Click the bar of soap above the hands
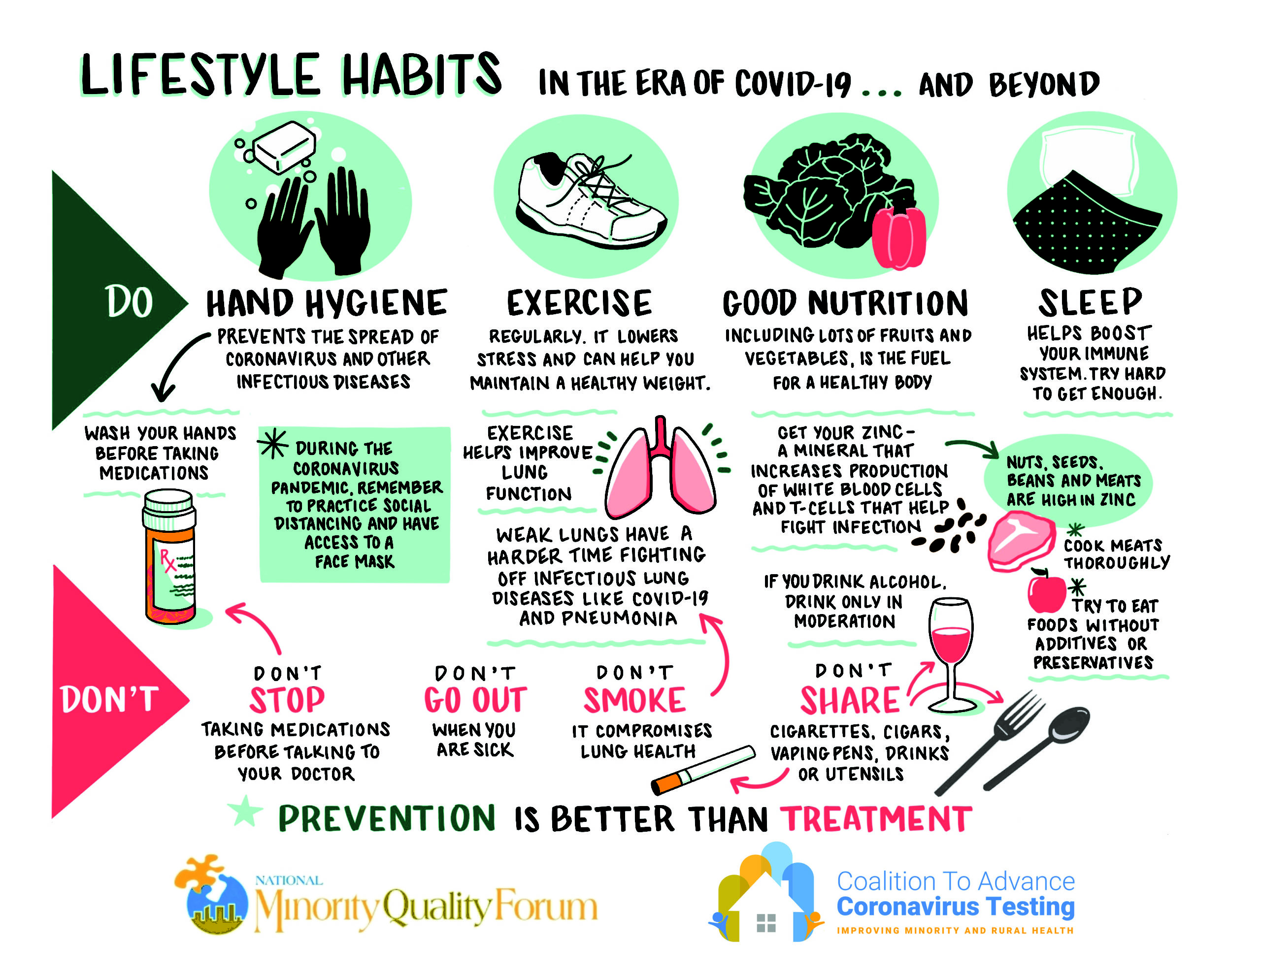pos(285,147)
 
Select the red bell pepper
pos(899,237)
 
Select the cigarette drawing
pos(703,770)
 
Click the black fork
pos(989,742)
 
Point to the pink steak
pos(1021,542)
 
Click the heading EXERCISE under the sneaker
pos(579,303)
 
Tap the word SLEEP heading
pos(1090,302)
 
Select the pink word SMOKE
pos(634,700)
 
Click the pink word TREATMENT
pos(876,819)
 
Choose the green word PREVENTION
pos(386,819)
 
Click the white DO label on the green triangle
pos(129,302)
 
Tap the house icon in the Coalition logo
pos(766,907)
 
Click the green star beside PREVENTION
pos(245,811)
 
